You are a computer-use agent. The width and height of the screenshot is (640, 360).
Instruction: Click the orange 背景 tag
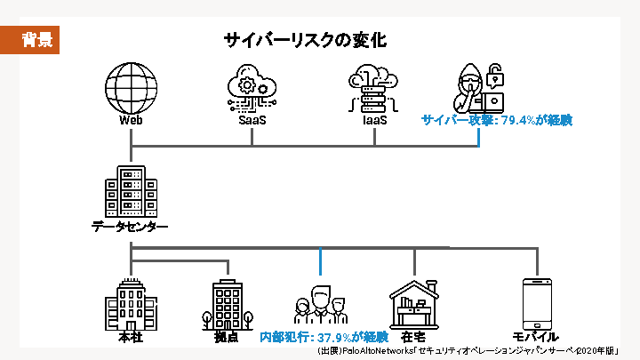tap(36, 39)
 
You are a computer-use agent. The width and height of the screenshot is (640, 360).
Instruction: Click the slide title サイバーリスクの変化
tap(305, 40)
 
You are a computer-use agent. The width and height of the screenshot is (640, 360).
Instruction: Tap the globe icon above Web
tap(131, 86)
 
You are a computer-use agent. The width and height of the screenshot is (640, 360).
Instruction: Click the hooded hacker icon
tap(481, 87)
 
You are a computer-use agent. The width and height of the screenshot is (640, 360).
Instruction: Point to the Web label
tap(131, 119)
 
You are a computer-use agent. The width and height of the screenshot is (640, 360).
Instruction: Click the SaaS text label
tap(252, 119)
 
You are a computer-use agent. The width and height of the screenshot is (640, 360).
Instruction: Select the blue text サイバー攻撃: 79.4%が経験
tap(496, 119)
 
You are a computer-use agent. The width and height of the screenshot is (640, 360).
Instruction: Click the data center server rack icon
tap(130, 193)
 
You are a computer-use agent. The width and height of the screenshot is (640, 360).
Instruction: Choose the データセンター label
tap(130, 227)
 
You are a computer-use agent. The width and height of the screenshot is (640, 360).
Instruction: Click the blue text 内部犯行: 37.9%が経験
tap(324, 337)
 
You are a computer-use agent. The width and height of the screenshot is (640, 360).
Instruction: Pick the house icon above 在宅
tap(414, 302)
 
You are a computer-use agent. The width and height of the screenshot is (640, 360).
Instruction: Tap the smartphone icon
tap(538, 303)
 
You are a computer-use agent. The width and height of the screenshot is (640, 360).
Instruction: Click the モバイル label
tap(536, 337)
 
